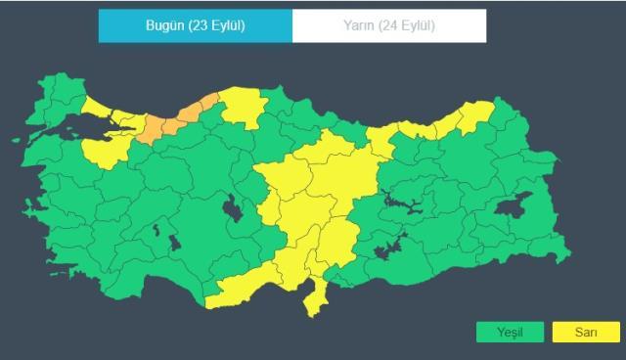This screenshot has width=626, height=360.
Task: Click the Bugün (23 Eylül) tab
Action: click(195, 25)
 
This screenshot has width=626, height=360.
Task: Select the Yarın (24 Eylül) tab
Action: click(389, 25)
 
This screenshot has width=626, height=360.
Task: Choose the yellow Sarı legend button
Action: click(586, 333)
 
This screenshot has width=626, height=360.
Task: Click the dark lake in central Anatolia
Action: click(234, 208)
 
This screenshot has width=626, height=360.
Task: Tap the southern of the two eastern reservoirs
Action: click(390, 247)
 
